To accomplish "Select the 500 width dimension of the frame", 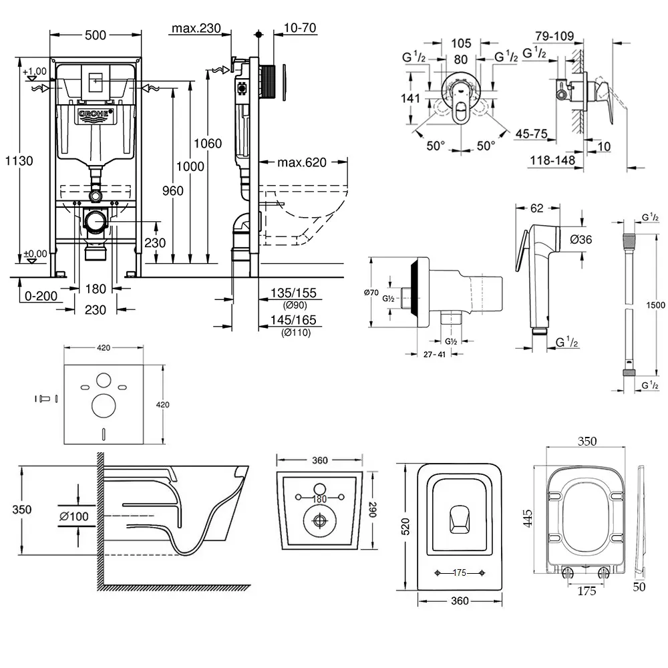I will tap(96, 35).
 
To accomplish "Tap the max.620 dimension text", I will tap(301, 163).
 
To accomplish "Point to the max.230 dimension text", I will tap(196, 28).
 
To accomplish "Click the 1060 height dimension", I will tap(208, 143).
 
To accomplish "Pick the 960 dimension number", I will tap(173, 191).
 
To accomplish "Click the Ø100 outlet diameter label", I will tap(75, 516).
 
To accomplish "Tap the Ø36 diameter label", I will tap(580, 239).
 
